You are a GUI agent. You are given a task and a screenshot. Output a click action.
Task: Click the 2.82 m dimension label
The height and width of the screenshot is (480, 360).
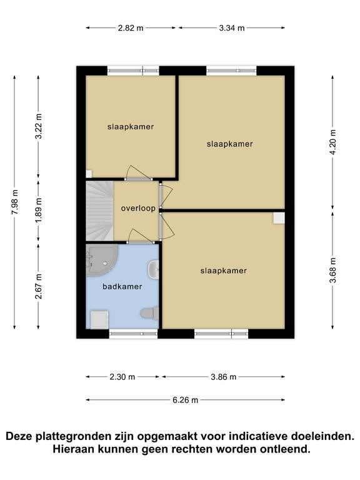(131, 28)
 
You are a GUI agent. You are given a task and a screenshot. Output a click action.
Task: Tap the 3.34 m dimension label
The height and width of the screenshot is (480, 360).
(232, 28)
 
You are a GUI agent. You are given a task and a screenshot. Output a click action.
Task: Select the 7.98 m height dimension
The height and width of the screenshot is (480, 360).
(15, 202)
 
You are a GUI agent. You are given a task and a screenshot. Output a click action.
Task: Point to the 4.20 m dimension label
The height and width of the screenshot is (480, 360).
(333, 142)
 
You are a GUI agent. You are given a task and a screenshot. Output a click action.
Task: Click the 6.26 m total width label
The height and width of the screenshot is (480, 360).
(185, 400)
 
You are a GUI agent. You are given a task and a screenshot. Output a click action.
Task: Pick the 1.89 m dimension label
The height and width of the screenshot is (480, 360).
(39, 211)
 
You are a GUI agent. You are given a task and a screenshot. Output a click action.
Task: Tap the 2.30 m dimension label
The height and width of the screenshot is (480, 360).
(122, 376)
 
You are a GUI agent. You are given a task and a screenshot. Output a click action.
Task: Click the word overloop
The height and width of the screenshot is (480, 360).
(138, 209)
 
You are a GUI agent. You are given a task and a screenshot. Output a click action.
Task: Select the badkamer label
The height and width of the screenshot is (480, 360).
(122, 286)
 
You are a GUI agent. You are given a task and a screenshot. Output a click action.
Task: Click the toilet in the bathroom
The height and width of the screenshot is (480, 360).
(149, 313)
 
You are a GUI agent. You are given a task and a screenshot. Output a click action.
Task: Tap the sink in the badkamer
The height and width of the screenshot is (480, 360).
(153, 269)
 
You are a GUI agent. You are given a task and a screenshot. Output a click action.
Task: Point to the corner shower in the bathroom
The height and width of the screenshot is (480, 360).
(101, 259)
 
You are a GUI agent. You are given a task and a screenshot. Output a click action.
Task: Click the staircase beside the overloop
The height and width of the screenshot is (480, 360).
(99, 211)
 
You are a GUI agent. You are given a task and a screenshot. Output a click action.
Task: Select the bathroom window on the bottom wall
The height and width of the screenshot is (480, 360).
(134, 334)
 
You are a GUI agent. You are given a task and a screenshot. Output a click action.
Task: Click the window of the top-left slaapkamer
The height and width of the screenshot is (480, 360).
(133, 71)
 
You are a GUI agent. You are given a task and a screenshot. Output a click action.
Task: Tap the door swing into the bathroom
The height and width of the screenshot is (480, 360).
(140, 236)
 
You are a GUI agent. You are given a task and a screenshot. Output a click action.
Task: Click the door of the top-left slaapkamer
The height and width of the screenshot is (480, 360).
(138, 173)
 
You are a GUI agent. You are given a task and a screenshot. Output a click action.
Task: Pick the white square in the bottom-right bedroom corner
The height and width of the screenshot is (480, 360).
(279, 218)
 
